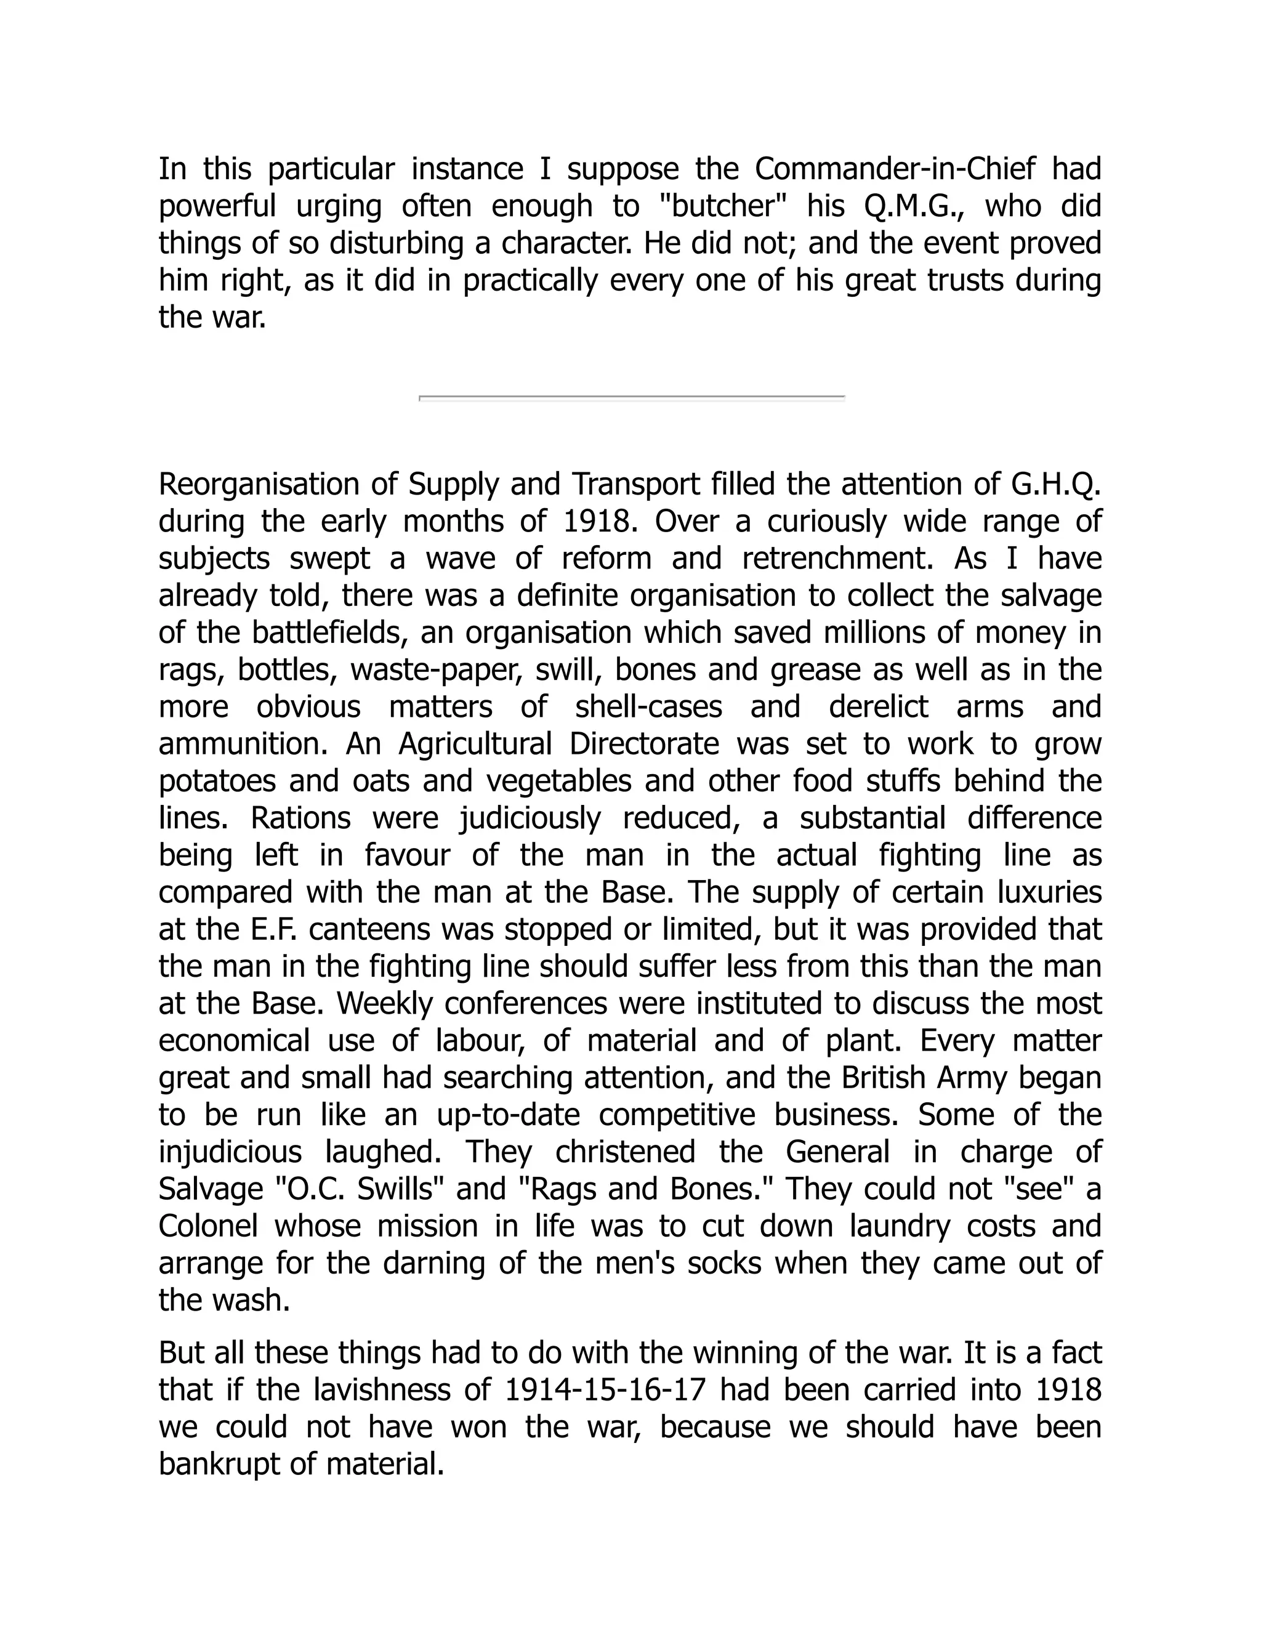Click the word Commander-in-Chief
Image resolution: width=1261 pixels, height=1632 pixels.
(895, 169)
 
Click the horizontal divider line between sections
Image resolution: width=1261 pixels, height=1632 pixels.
(631, 398)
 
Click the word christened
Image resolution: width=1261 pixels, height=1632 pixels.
(626, 1152)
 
